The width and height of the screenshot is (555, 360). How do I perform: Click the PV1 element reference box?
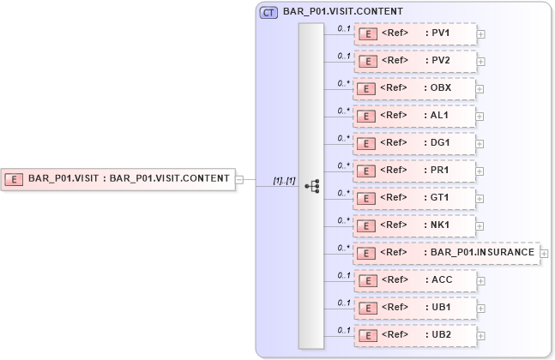[x=415, y=34]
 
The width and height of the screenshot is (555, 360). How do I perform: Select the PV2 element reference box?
[x=415, y=62]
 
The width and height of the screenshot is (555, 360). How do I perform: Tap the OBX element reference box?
[x=415, y=88]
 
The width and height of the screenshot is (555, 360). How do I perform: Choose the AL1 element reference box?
[x=415, y=116]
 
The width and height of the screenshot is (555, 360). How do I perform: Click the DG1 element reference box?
[x=415, y=143]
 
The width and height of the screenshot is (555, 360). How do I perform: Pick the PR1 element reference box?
[x=415, y=171]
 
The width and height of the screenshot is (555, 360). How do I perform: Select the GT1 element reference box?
[x=415, y=198]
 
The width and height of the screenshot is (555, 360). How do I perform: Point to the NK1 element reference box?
[x=415, y=225]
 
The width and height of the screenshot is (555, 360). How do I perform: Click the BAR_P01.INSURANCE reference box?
[x=446, y=253]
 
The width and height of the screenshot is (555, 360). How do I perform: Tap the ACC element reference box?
[x=415, y=280]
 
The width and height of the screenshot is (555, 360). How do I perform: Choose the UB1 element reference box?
[x=415, y=308]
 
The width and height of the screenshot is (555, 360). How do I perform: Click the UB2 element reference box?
[x=415, y=335]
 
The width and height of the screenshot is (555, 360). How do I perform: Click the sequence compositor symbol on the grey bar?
[x=312, y=186]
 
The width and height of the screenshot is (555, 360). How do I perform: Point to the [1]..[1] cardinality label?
[x=284, y=181]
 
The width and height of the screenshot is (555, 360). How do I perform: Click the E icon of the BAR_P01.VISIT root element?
[x=14, y=179]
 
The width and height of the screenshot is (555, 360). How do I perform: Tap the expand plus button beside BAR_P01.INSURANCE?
[x=544, y=254]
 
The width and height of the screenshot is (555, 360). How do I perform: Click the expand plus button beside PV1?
[x=480, y=35]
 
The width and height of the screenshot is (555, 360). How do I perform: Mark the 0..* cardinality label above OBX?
[x=344, y=83]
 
